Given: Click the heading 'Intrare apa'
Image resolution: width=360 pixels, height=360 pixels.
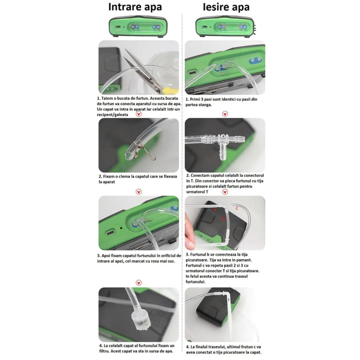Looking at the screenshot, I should click(x=135, y=7).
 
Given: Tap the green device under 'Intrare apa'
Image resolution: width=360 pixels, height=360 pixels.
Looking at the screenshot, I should click(x=138, y=27).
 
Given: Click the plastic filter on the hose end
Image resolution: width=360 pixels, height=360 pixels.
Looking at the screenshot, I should click(x=140, y=317).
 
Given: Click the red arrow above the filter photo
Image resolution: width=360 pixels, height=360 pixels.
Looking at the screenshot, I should click(x=139, y=283).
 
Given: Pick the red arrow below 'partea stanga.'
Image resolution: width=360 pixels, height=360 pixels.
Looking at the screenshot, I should click(x=225, y=114).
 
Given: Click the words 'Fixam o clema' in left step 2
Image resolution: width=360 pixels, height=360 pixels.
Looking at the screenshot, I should click(x=118, y=176).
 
